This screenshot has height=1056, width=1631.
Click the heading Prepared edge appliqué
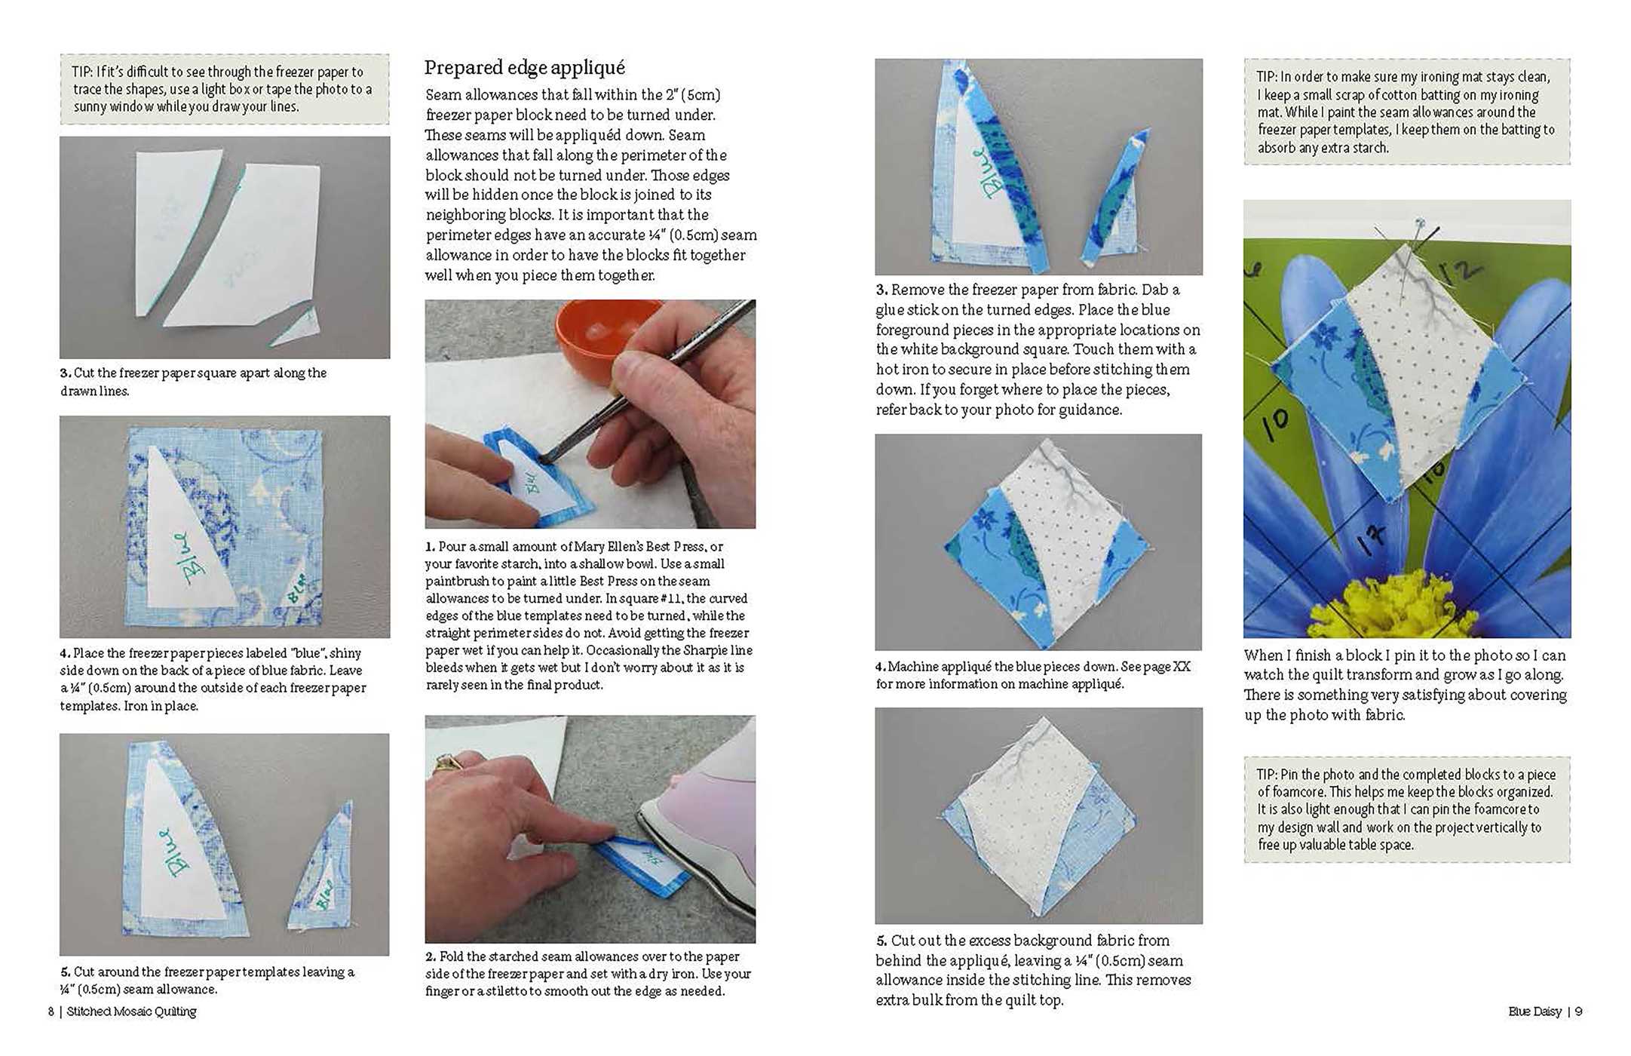pyautogui.click(x=524, y=68)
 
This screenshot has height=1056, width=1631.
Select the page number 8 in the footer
pyautogui.click(x=51, y=1011)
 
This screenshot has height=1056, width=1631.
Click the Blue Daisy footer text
pyautogui.click(x=1534, y=1011)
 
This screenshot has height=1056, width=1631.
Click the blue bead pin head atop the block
pyautogui.click(x=1420, y=223)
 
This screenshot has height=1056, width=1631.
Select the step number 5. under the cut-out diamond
pyautogui.click(x=881, y=941)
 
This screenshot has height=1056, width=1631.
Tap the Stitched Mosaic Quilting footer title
pyautogui.click(x=131, y=1011)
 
